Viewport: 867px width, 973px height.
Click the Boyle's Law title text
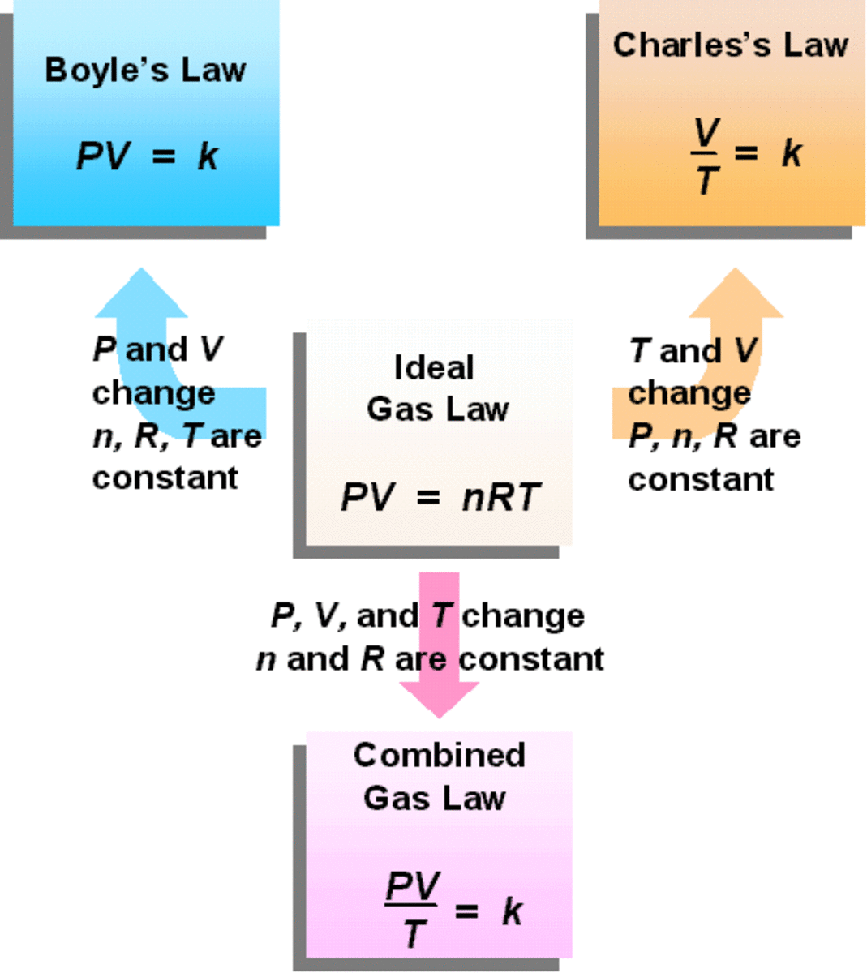pos(145,70)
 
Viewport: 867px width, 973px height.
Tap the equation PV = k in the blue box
pos(147,156)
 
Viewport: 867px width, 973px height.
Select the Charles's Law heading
pos(730,45)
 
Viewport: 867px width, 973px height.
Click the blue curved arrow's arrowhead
pos(141,294)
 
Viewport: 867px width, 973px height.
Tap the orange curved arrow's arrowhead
pos(736,294)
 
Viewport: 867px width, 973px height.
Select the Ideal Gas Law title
pos(436,388)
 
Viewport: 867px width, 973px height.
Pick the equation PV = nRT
pos(439,497)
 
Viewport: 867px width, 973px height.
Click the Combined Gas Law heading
pos(438,776)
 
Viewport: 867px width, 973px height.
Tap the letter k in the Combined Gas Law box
pos(512,911)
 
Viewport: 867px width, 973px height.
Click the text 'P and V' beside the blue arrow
pos(157,349)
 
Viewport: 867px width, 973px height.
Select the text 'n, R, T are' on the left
pos(176,436)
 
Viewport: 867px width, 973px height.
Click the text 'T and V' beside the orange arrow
pos(693,351)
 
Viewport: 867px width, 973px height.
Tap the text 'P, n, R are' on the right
pos(714,436)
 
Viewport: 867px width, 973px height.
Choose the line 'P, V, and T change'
pos(427,615)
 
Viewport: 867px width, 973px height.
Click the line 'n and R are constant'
pos(430,658)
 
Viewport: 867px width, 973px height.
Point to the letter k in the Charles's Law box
pos(791,152)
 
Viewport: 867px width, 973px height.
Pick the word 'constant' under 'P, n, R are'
pos(701,478)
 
